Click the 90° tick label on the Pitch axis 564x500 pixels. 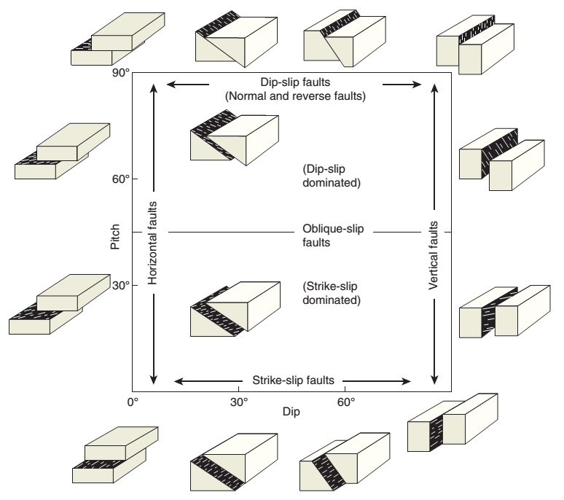[x=120, y=74]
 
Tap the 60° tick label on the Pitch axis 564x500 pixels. [x=120, y=179]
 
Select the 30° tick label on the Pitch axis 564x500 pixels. [x=120, y=285]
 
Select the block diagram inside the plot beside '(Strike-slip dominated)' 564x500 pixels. [x=234, y=308]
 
